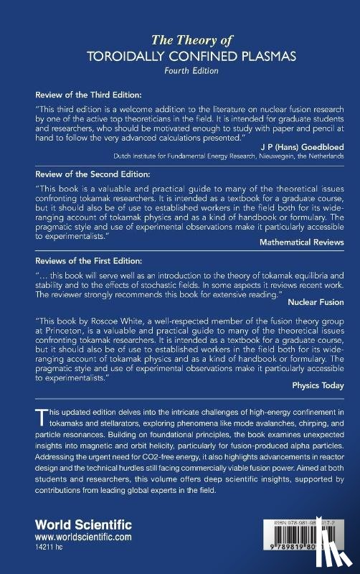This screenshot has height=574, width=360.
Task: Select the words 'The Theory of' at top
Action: pos(180,40)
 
